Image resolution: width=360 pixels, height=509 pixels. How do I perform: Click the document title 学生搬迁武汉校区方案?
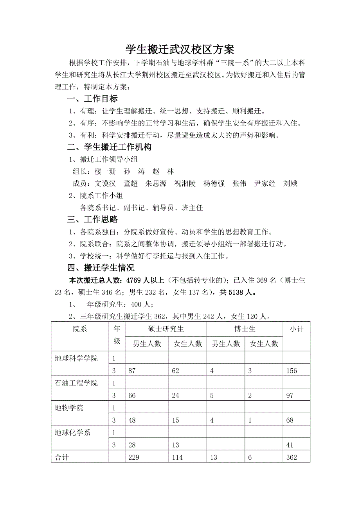180,50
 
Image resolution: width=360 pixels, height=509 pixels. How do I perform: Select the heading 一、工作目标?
92,99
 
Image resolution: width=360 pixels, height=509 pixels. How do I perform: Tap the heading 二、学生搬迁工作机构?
109,147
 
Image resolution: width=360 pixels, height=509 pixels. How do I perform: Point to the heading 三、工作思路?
92,220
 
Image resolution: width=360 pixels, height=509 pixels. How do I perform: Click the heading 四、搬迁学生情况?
101,268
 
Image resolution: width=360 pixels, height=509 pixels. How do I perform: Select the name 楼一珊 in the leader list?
105,172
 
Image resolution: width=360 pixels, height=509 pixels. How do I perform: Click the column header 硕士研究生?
166,329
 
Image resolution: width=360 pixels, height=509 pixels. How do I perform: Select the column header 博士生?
245,329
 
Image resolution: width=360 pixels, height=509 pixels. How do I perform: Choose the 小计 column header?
296,329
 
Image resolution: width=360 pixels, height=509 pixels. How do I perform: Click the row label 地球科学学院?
76,358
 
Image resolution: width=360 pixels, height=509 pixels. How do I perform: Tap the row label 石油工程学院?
76,383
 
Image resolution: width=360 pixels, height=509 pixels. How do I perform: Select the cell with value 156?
292,371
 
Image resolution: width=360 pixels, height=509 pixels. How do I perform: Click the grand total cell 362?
292,457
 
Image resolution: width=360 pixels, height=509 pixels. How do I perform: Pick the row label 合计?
62,457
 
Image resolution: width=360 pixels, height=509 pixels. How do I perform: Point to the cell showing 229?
134,457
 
